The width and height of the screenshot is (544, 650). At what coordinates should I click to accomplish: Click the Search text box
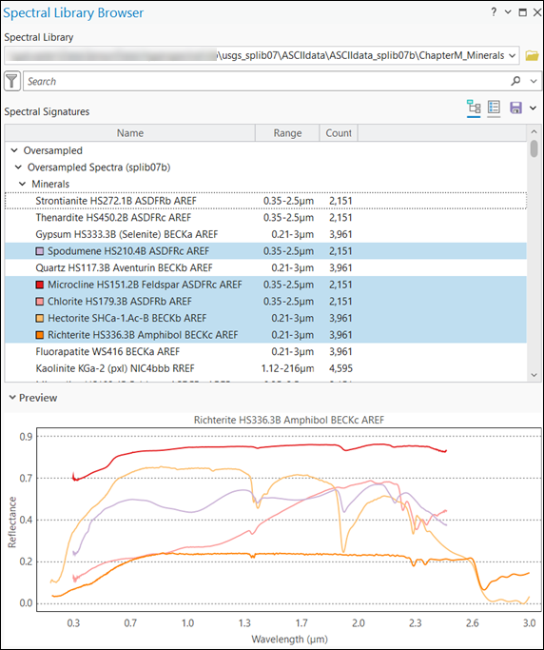tap(266, 82)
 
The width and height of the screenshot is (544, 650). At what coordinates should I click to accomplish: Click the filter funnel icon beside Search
tap(13, 82)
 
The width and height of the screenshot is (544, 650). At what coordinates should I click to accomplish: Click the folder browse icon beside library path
tap(532, 55)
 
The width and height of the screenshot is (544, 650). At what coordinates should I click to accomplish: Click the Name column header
tap(130, 133)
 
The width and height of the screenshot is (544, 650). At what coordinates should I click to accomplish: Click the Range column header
tap(286, 133)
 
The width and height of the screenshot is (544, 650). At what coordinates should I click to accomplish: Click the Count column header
tap(339, 133)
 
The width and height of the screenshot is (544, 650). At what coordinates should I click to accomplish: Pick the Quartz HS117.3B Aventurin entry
tap(126, 267)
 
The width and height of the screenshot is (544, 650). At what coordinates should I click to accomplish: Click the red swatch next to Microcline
tap(40, 285)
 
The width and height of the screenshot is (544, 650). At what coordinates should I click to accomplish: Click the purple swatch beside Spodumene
tap(40, 251)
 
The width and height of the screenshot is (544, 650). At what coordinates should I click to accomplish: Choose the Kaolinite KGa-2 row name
tap(126, 368)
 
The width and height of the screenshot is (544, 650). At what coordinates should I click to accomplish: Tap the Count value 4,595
tap(340, 368)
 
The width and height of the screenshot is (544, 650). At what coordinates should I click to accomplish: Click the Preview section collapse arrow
tap(10, 397)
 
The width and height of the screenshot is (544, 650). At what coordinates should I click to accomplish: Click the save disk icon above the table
tap(516, 108)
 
